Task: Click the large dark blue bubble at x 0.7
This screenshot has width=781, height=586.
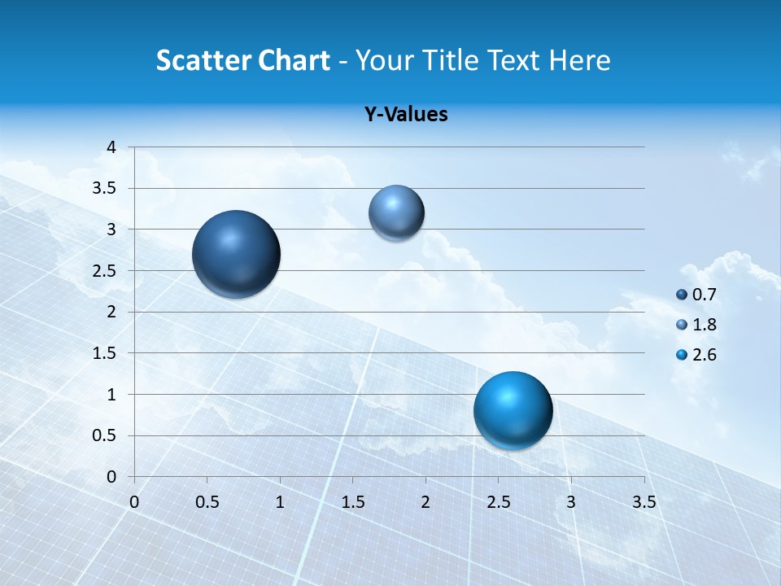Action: pyautogui.click(x=237, y=254)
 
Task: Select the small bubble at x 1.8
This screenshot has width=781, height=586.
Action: pyautogui.click(x=396, y=212)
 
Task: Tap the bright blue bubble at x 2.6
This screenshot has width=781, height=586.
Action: pyautogui.click(x=513, y=410)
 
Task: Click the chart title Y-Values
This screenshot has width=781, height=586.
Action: pyautogui.click(x=406, y=115)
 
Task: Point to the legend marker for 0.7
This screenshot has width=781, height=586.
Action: pyautogui.click(x=682, y=295)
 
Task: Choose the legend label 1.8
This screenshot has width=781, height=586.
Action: pyautogui.click(x=704, y=325)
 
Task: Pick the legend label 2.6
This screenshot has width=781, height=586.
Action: pyautogui.click(x=704, y=355)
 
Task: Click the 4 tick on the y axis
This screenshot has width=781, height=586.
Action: pyautogui.click(x=111, y=147)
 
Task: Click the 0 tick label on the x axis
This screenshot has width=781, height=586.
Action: pyautogui.click(x=134, y=501)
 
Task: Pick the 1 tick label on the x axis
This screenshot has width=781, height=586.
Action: pyautogui.click(x=280, y=501)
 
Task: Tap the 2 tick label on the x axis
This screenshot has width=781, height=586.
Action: pyautogui.click(x=425, y=501)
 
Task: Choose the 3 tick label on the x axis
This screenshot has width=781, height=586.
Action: pyautogui.click(x=571, y=501)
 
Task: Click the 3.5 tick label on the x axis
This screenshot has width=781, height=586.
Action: pyautogui.click(x=644, y=501)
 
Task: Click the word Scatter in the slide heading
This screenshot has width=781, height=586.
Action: pyautogui.click(x=203, y=60)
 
